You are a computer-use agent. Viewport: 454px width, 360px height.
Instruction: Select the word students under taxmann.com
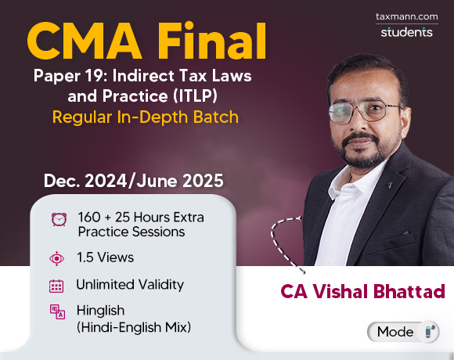(406, 32)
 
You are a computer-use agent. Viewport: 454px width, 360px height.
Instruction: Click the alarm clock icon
(58, 220)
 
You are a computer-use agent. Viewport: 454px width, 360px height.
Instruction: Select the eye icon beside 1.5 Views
(57, 257)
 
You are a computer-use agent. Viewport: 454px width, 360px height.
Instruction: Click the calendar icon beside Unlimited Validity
(56, 285)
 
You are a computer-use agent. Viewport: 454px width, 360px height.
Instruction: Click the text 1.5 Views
(105, 257)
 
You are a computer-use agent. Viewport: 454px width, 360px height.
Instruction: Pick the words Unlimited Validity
(130, 285)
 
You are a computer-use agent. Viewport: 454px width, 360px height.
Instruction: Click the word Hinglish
(101, 310)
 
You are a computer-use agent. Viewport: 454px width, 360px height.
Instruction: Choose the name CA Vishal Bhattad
(362, 291)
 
